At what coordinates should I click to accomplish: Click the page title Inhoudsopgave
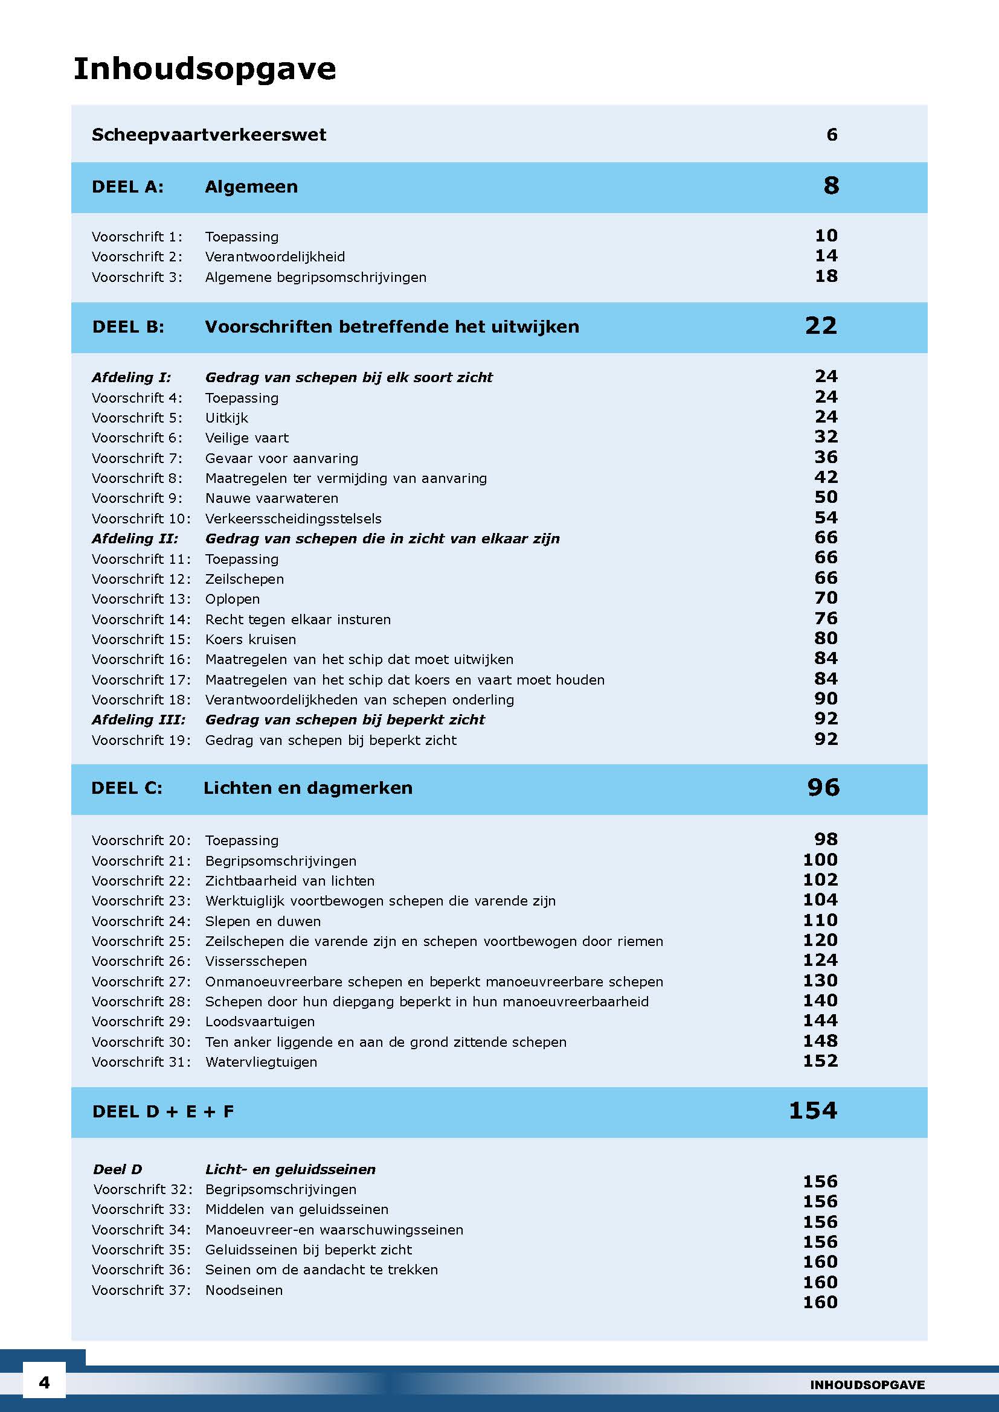point(204,69)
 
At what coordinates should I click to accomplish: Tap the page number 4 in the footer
point(44,1382)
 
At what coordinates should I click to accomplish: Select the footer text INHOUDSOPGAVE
point(867,1384)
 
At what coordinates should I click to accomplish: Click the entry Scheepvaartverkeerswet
point(208,135)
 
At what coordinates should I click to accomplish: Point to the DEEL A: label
point(127,187)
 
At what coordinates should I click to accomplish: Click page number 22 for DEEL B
point(821,326)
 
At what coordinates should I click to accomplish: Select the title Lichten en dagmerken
point(307,788)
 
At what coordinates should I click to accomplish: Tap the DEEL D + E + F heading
point(163,1111)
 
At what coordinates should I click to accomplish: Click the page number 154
point(812,1111)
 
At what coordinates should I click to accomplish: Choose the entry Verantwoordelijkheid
point(275,257)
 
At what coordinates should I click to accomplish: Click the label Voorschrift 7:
point(137,458)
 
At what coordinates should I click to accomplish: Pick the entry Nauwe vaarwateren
point(271,498)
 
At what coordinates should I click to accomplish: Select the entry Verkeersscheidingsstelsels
point(294,519)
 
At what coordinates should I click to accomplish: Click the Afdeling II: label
point(135,538)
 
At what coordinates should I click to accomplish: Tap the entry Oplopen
point(233,599)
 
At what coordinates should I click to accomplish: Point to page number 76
point(826,618)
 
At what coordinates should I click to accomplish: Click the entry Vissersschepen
point(256,961)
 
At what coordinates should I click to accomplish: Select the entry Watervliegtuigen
point(261,1062)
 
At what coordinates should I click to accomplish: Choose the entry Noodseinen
point(243,1290)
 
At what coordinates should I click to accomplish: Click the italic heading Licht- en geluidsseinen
point(290,1169)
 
